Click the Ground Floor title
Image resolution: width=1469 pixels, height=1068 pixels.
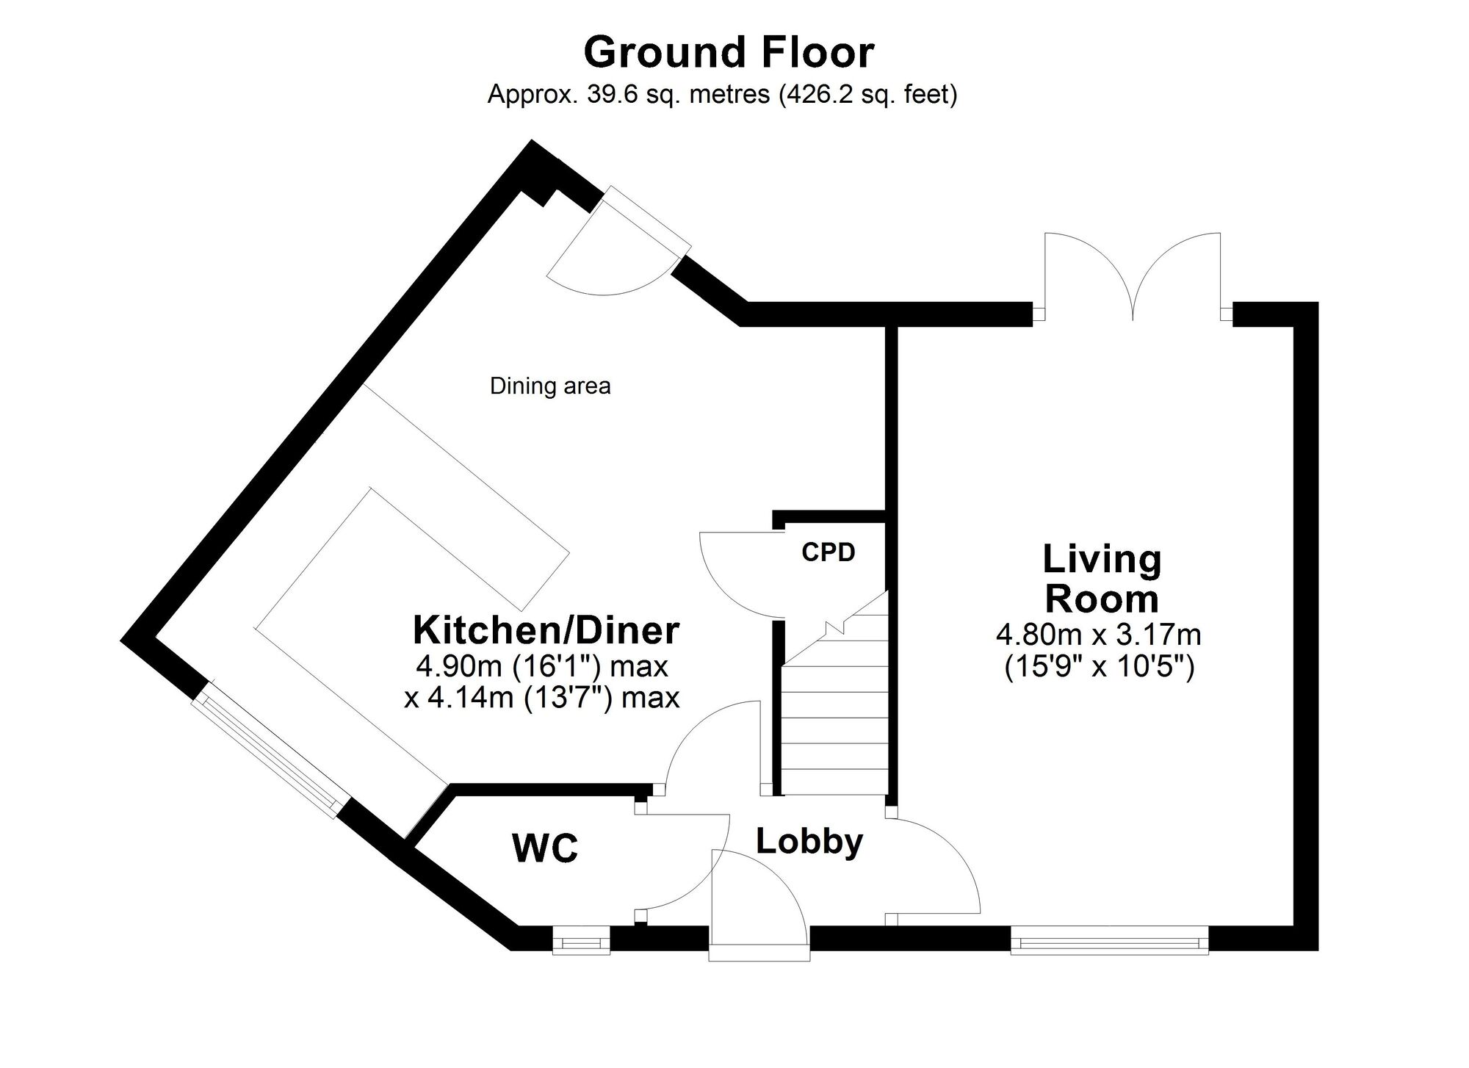(729, 53)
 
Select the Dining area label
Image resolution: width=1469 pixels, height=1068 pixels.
(550, 386)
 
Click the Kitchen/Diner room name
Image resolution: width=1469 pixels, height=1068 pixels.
(546, 630)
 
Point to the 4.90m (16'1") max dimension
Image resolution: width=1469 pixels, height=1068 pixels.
(542, 666)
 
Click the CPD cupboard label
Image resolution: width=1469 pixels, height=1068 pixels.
(829, 552)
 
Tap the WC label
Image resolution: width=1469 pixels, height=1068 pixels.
(545, 848)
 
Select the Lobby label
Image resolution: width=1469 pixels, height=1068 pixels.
(809, 842)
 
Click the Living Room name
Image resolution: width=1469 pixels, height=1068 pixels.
(1102, 579)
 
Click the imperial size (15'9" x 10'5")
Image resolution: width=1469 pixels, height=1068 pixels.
(1099, 667)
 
